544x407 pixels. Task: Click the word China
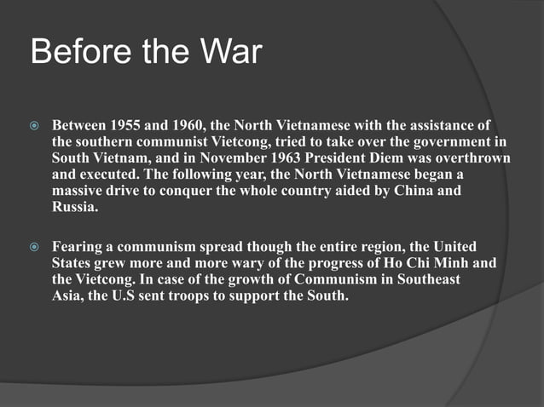[420, 191]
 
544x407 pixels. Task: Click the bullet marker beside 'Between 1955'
[34, 126]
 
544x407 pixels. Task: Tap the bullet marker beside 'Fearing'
[34, 248]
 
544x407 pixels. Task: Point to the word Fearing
[81, 248]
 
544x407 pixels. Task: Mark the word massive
[81, 191]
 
